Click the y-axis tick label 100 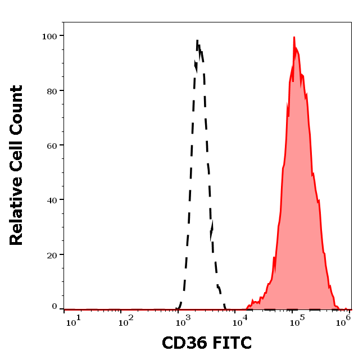click(x=49, y=36)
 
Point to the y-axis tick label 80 click(x=52, y=90)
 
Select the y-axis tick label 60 click(x=52, y=145)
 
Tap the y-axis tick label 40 click(x=52, y=200)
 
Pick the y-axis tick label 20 click(x=52, y=254)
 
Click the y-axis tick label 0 click(x=55, y=307)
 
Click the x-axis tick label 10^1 click(x=74, y=320)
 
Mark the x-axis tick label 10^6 click(x=346, y=318)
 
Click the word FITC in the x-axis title click(x=229, y=342)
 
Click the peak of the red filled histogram click(x=293, y=38)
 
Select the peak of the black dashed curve click(x=197, y=40)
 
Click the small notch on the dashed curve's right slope click(x=212, y=227)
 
